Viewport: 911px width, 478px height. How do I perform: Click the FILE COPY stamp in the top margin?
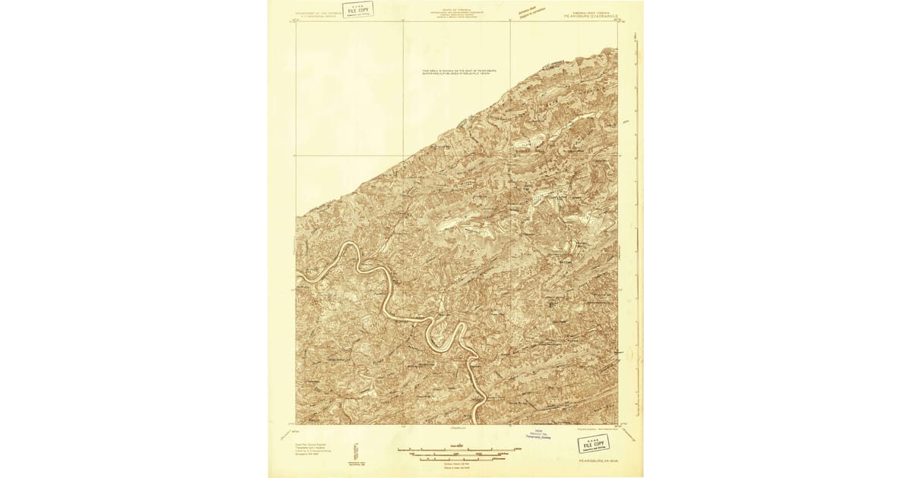point(358,9)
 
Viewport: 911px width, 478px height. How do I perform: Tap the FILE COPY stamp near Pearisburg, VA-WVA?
point(593,443)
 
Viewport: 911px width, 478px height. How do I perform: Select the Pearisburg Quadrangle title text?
point(588,13)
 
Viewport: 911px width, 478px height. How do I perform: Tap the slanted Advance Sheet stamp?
point(528,10)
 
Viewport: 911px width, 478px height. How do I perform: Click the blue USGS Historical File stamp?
point(542,436)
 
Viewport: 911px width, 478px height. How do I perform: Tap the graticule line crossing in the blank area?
point(402,156)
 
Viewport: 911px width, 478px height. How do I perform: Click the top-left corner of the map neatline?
point(296,22)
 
